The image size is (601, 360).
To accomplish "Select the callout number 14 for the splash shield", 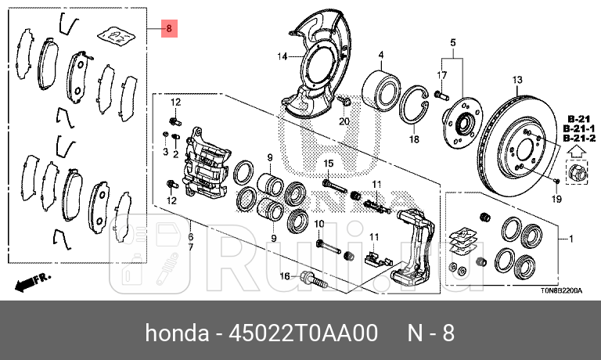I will [x=282, y=56].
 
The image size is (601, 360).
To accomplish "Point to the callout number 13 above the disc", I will [x=516, y=80].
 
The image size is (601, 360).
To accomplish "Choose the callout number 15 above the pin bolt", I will [x=329, y=163].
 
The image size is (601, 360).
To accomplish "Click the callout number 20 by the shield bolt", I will [x=343, y=121].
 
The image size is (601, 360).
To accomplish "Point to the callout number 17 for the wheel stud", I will [x=441, y=74].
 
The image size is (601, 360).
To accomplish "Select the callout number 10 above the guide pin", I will [x=319, y=225].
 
